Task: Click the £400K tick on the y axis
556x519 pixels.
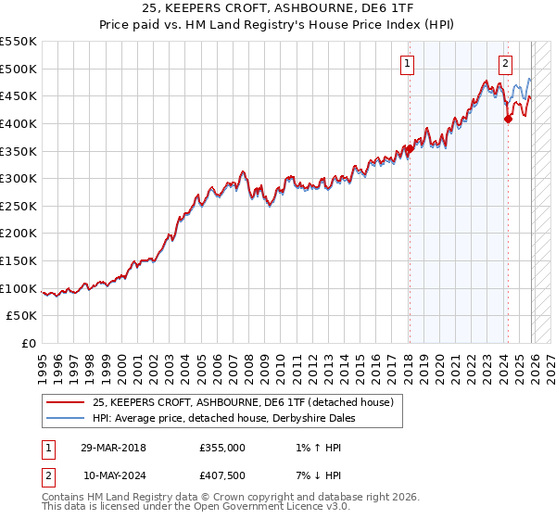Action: click(x=19, y=123)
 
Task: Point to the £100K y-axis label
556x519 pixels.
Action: click(x=19, y=288)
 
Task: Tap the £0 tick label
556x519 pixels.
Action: click(x=28, y=343)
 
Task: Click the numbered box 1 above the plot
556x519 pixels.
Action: click(x=408, y=64)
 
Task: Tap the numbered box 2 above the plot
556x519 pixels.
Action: click(x=505, y=64)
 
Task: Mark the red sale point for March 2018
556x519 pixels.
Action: click(x=409, y=148)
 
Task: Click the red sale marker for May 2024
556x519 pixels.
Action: click(x=508, y=119)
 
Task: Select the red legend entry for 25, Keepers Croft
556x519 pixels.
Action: click(x=243, y=402)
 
